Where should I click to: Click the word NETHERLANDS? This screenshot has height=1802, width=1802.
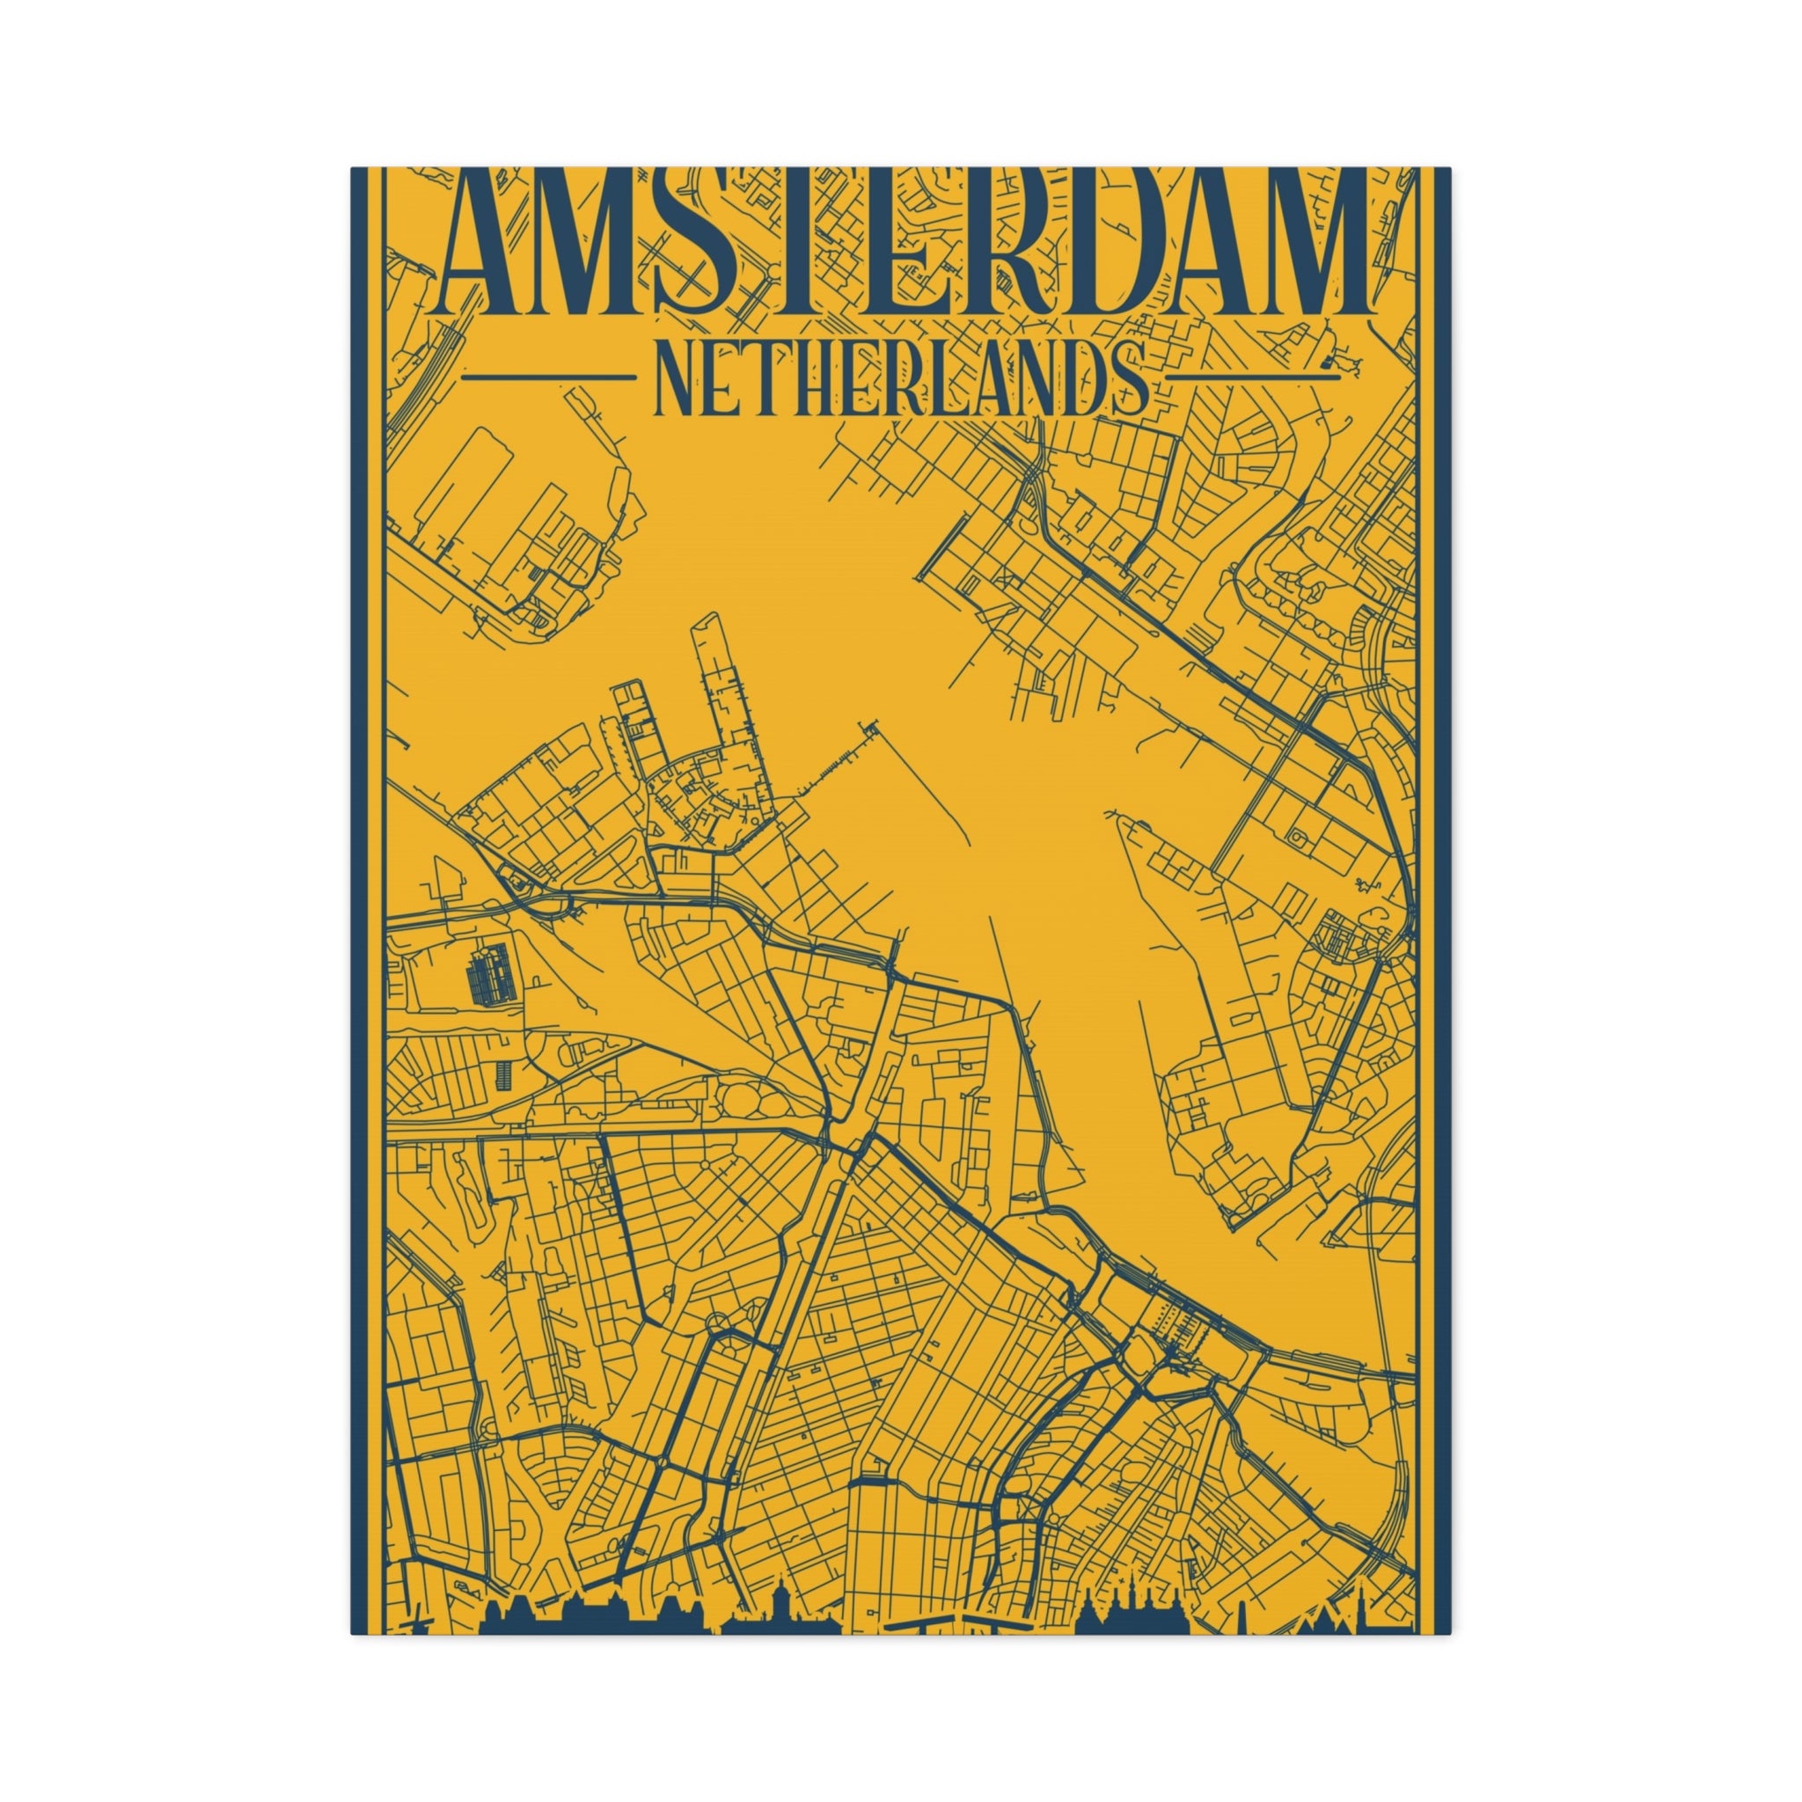tap(900, 378)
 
